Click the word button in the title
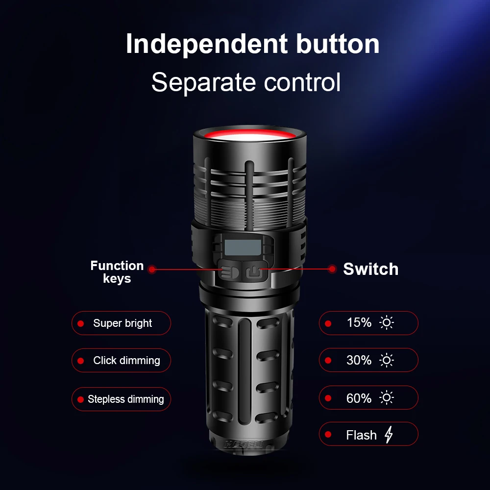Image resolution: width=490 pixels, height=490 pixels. click(x=338, y=44)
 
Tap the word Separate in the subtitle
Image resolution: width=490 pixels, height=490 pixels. click(x=204, y=82)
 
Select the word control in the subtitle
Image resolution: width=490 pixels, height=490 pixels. click(x=302, y=82)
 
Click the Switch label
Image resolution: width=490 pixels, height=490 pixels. click(x=370, y=269)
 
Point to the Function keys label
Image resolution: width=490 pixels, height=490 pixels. click(x=117, y=272)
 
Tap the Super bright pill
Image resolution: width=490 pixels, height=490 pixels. click(x=121, y=323)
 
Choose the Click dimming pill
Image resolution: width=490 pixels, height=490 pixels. click(x=121, y=361)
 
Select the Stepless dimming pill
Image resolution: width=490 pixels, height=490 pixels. click(x=121, y=399)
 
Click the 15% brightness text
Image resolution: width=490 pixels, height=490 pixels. click(x=359, y=323)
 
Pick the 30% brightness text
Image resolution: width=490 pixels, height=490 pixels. click(x=359, y=360)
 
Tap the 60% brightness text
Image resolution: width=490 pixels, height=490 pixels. click(x=359, y=398)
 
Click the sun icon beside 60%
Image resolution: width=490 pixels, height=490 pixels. click(x=387, y=398)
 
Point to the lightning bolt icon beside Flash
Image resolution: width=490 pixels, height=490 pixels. click(x=389, y=435)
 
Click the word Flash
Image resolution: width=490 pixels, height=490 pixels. click(x=361, y=435)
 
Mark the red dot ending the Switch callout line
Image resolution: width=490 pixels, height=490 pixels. click(x=333, y=269)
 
